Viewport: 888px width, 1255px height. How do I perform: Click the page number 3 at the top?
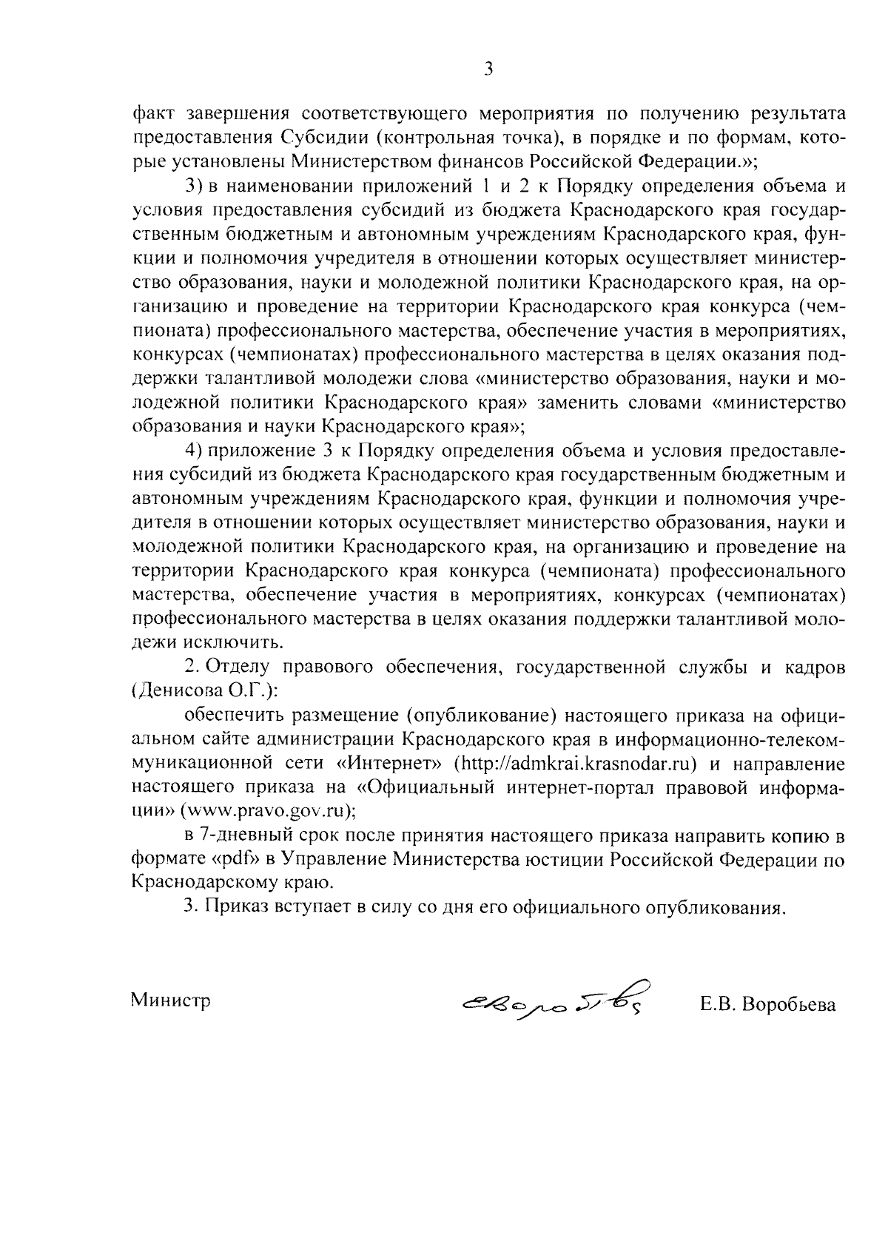488,70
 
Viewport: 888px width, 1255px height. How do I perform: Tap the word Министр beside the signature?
171,1000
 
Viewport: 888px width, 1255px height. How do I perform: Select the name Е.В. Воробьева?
767,1005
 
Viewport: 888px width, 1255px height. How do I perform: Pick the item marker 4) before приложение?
193,451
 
